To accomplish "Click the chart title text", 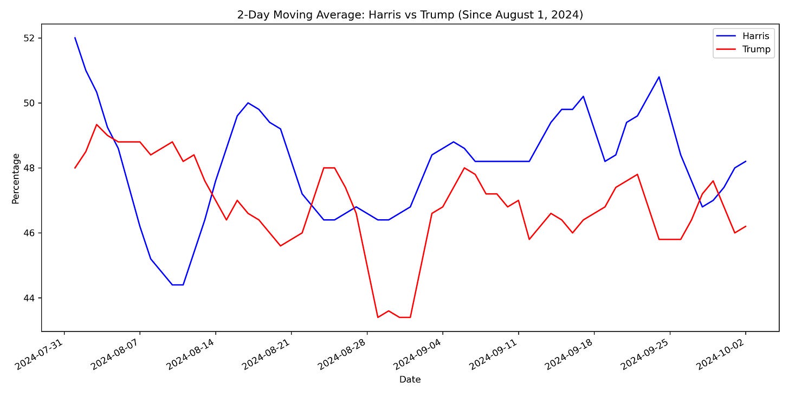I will (410, 15).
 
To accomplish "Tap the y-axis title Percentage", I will (16, 179).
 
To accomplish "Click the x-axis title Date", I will (410, 379).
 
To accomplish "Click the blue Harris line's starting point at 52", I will (75, 38).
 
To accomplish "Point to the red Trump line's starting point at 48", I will (75, 168).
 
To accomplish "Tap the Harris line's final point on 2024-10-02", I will (746, 161).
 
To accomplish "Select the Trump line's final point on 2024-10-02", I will (746, 226).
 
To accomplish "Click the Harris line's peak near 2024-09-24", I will (659, 77).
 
